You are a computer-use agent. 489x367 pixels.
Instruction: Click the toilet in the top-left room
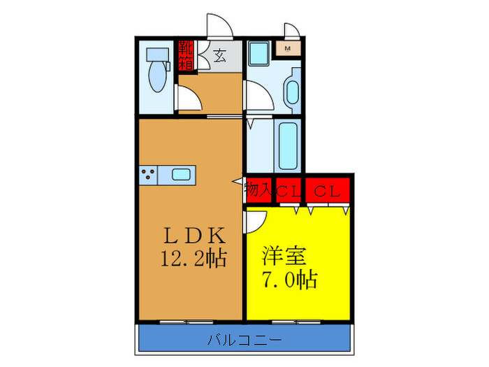(x=155, y=70)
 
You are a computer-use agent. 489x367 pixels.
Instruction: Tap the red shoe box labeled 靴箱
(x=186, y=55)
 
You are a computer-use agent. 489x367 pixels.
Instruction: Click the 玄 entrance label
(x=219, y=55)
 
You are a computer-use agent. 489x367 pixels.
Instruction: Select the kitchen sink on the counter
(x=180, y=175)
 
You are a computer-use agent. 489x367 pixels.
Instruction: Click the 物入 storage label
(x=258, y=189)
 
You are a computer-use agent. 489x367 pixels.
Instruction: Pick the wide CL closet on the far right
(x=326, y=189)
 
